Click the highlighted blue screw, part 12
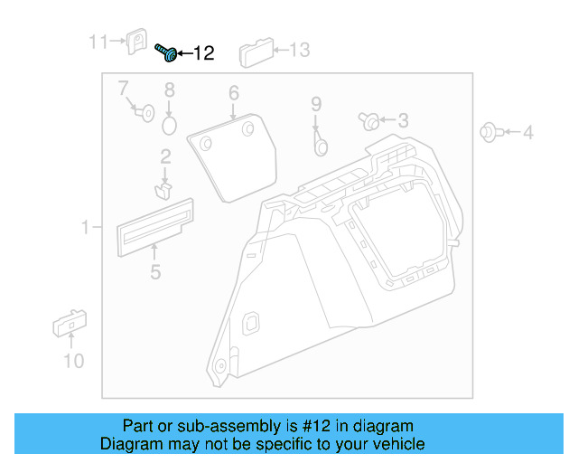coord(166,53)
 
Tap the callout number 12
coord(203,54)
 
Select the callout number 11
coord(98,42)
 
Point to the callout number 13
coord(298,50)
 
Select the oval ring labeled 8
coord(169,120)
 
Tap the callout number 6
coord(233,93)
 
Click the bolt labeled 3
coord(369,120)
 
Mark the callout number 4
coord(528,134)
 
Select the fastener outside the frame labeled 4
coord(489,133)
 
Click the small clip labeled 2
coord(163,190)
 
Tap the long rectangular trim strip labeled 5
coord(154,222)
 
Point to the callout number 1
coord(86,228)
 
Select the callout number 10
coord(73,361)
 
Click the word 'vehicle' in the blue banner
coord(394,444)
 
